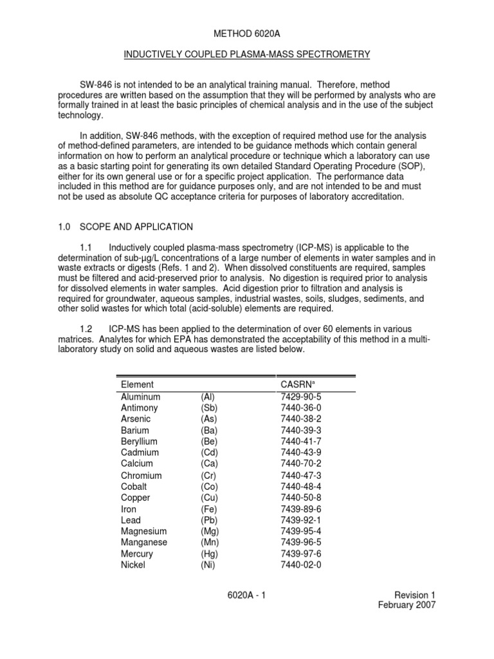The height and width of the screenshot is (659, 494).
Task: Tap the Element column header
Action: coord(137,384)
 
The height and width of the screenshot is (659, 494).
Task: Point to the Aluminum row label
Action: coord(141,396)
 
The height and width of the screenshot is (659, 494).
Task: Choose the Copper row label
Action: coord(136,497)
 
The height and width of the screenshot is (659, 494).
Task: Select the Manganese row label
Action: coord(144,543)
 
